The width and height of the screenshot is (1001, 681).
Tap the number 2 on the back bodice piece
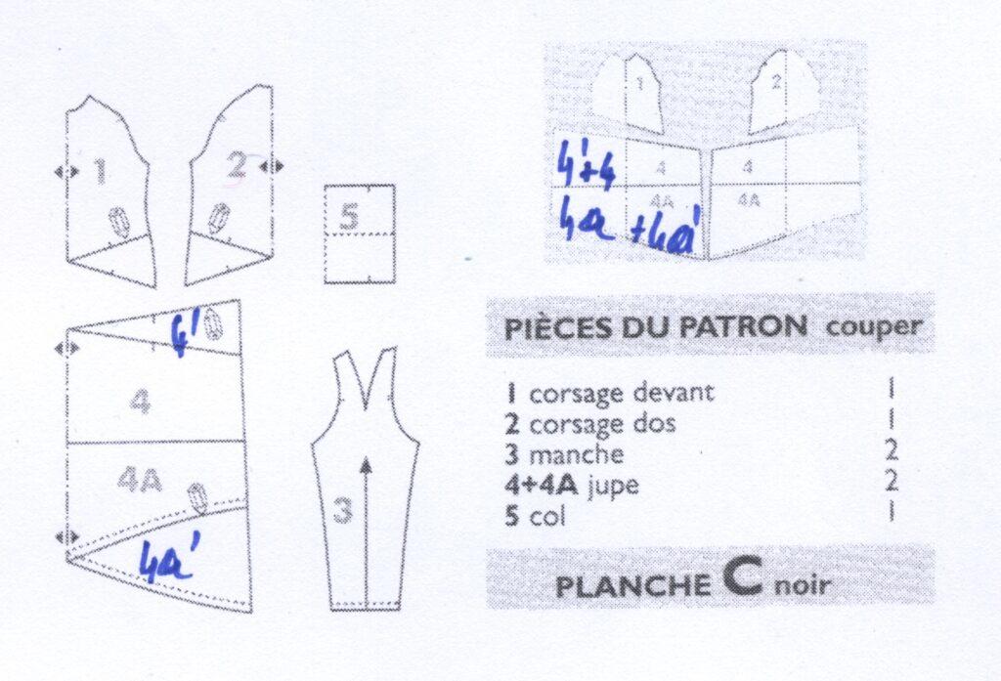pos(237,166)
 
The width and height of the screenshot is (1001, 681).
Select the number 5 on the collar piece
pos(349,217)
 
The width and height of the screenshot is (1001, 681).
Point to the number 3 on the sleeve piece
pos(343,511)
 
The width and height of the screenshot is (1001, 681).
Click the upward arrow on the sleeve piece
pos(366,530)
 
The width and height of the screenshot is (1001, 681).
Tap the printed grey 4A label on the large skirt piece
pos(140,482)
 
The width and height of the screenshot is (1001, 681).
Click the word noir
pos(803,584)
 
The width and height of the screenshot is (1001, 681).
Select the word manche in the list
pos(577,453)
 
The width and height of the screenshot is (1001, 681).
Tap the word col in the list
pos(547,515)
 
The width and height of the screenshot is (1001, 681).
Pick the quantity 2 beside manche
pos(892,451)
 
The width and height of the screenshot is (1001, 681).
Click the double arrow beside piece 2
pos(272,167)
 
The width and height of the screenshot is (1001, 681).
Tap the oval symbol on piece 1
pos(119,221)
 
